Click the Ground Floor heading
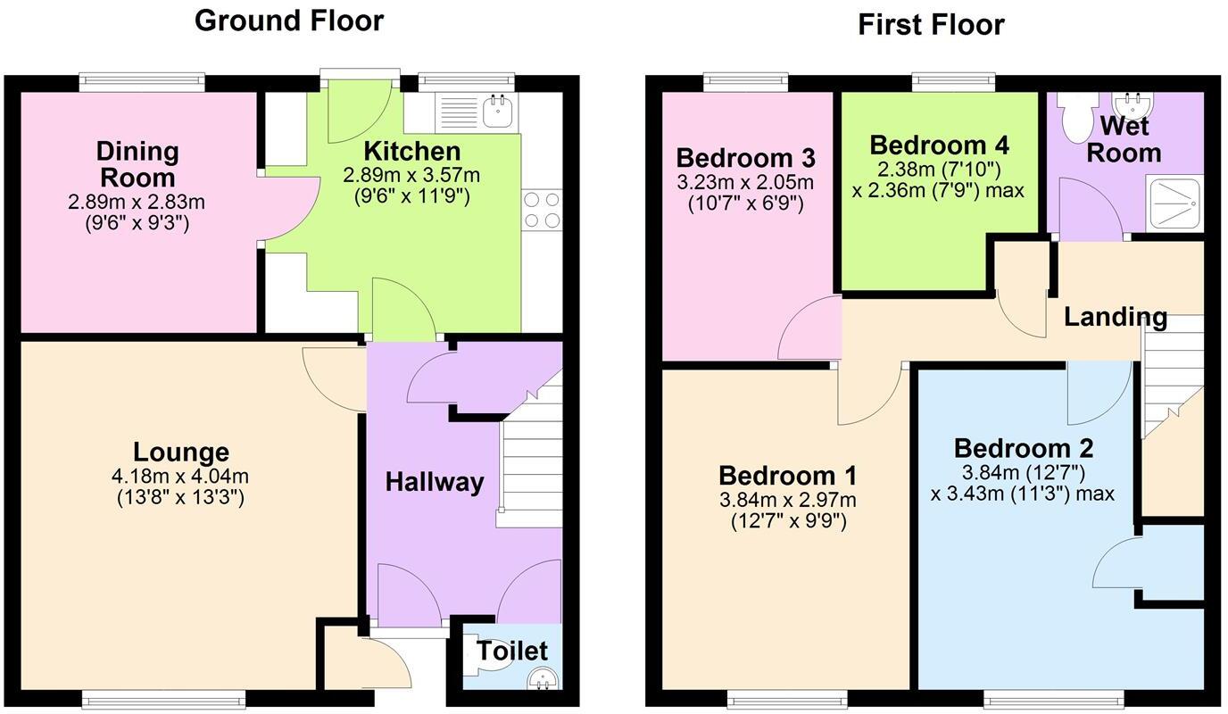(289, 21)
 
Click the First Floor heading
(931, 24)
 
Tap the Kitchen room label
(412, 151)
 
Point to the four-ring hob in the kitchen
(542, 210)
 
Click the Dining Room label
(137, 162)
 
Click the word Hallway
(435, 482)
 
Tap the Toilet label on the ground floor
(511, 651)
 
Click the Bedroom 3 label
(745, 158)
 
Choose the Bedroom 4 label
(939, 145)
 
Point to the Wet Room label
(1123, 138)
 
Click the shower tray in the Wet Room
(1174, 204)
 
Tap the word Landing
(1115, 317)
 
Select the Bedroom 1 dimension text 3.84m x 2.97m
(788, 500)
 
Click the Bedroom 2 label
(1023, 447)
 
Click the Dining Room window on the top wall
(142, 82)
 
